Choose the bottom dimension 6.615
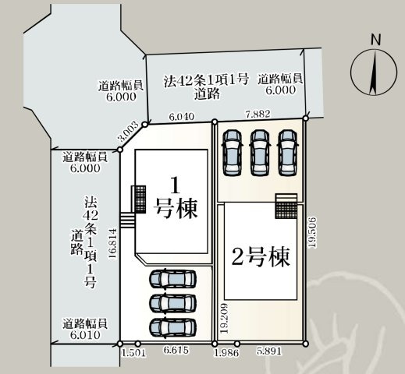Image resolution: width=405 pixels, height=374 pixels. (x=176, y=353)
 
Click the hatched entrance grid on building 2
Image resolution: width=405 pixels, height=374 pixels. (x=286, y=209)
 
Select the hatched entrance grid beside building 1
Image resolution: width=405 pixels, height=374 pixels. (x=140, y=199)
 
